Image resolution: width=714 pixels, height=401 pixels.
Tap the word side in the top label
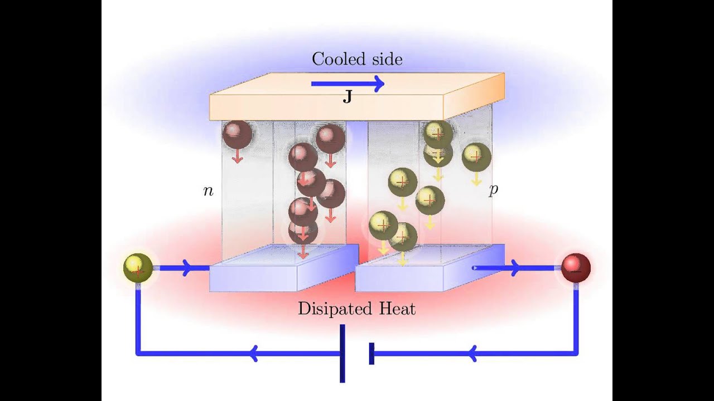(x=386, y=59)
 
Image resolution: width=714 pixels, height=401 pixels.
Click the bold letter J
(x=347, y=99)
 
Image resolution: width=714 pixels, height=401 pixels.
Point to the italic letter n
(x=208, y=191)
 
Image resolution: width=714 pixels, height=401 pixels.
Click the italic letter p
(x=493, y=190)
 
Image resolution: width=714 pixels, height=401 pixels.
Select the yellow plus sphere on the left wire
(x=138, y=268)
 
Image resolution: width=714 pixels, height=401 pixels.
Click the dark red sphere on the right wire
(x=575, y=268)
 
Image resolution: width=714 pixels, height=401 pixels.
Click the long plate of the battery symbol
(x=342, y=353)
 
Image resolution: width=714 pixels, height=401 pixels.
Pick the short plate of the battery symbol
(x=372, y=353)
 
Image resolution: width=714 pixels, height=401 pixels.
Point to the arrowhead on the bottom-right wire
(x=471, y=353)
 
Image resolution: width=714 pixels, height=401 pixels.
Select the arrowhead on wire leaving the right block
(x=514, y=268)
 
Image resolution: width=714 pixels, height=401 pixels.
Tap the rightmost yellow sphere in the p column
(x=476, y=157)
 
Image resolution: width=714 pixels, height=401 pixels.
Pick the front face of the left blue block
(x=253, y=278)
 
